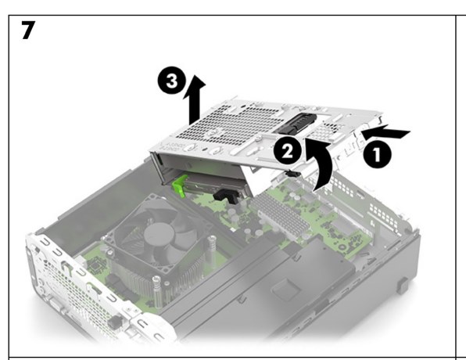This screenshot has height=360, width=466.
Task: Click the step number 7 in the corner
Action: (28, 30)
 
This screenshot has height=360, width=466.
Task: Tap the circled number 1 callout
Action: (377, 154)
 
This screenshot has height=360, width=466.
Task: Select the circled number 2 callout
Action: (288, 151)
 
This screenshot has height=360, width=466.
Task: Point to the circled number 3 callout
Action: (172, 81)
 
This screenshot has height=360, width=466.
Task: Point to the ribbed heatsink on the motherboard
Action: (280, 216)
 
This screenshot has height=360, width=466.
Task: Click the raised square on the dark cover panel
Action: (286, 288)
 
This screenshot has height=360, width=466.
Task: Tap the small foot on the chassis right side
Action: (402, 286)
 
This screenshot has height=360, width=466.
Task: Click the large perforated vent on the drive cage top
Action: (229, 125)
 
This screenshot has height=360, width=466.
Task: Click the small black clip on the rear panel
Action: (115, 322)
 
